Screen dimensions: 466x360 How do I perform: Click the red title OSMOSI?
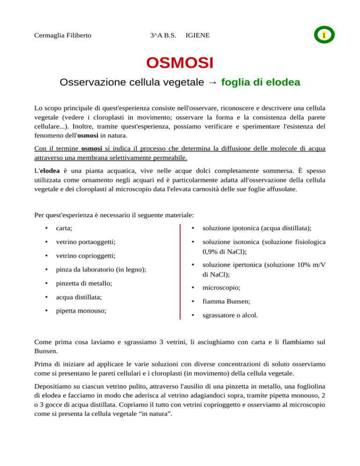pyautogui.click(x=180, y=62)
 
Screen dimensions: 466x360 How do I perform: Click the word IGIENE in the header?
pyautogui.click(x=198, y=36)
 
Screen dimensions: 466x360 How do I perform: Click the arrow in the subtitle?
pyautogui.click(x=212, y=83)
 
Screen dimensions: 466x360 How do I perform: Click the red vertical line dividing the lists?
pyautogui.click(x=180, y=272)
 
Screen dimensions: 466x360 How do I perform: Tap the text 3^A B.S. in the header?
pyautogui.click(x=161, y=36)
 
